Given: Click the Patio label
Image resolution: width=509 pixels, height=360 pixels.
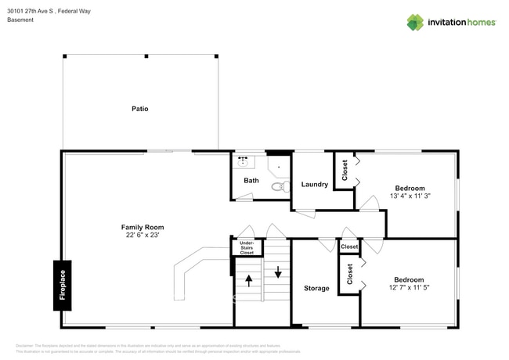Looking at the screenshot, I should tap(139, 109).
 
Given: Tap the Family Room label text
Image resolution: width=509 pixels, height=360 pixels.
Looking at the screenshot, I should tap(142, 226).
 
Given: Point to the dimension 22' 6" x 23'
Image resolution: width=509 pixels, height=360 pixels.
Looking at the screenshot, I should tap(142, 234).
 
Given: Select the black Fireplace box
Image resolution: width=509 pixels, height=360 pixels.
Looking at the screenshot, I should tap(63, 284).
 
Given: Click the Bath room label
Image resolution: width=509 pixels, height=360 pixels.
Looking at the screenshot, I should tap(251, 181).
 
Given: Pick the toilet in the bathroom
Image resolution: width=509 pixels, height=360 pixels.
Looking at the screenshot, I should tap(277, 186).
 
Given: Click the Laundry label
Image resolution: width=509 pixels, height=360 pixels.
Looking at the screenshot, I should tap(314, 185).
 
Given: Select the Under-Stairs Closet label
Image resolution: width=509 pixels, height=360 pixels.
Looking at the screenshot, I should tap(247, 248).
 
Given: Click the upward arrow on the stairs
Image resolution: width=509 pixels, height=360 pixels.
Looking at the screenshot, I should tap(249, 280).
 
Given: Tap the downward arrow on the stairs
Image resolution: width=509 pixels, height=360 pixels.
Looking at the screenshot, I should tap(277, 273).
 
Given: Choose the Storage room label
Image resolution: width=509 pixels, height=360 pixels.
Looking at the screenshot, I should tap(316, 288).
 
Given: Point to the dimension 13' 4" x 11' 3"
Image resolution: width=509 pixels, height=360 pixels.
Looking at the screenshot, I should tap(410, 196).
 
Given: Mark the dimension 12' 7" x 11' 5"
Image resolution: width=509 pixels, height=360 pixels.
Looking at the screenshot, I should tap(409, 287).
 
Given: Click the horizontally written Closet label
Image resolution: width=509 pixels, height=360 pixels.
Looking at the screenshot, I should tap(349, 247).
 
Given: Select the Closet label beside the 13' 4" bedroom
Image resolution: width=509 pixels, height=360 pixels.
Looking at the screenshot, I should tap(345, 170).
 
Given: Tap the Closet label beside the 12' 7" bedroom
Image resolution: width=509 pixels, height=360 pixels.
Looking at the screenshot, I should tap(349, 274).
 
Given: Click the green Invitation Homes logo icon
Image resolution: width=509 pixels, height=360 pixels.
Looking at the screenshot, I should tap(415, 22).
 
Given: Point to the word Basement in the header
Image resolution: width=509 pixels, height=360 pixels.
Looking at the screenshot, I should tap(20, 20).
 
